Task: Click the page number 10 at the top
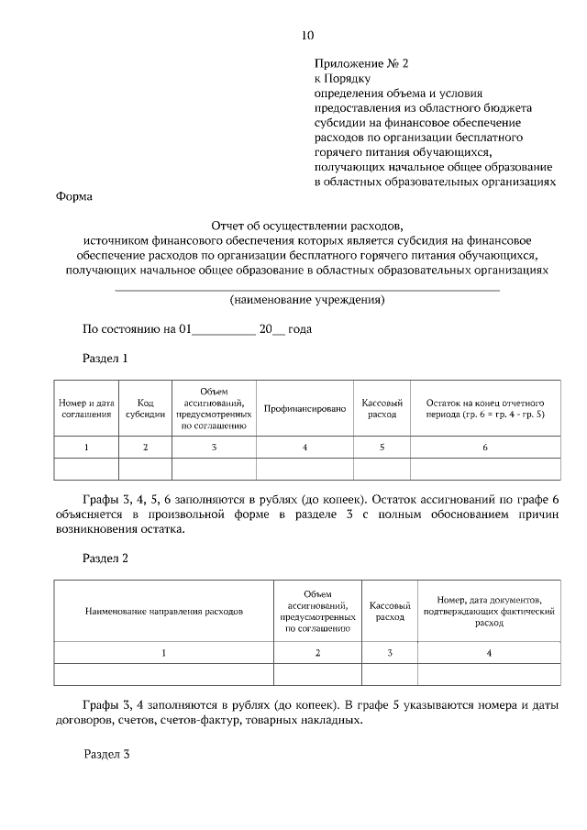307,36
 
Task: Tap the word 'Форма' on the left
73,196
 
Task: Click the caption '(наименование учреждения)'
306,300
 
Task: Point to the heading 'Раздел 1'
105,359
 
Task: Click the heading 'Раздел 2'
105,558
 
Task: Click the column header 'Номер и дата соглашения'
86,408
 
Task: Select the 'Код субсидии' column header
145,408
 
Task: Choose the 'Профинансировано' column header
305,408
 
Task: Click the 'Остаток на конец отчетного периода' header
485,408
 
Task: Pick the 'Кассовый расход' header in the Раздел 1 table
382,408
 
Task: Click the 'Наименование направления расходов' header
164,610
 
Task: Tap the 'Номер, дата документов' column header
489,610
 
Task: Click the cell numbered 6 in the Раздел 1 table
485,448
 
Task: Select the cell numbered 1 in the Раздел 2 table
164,652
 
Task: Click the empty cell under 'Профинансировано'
305,470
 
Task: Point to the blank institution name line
306,288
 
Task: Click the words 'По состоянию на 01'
136,329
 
